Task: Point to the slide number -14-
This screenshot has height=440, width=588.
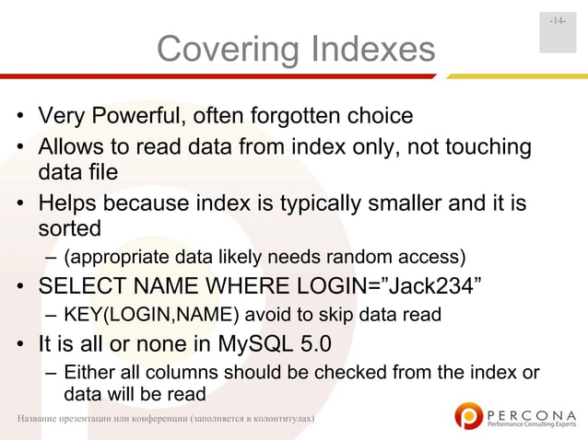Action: (x=558, y=21)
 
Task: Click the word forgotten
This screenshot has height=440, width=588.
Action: (x=303, y=118)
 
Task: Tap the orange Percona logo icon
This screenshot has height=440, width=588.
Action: (x=469, y=415)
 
